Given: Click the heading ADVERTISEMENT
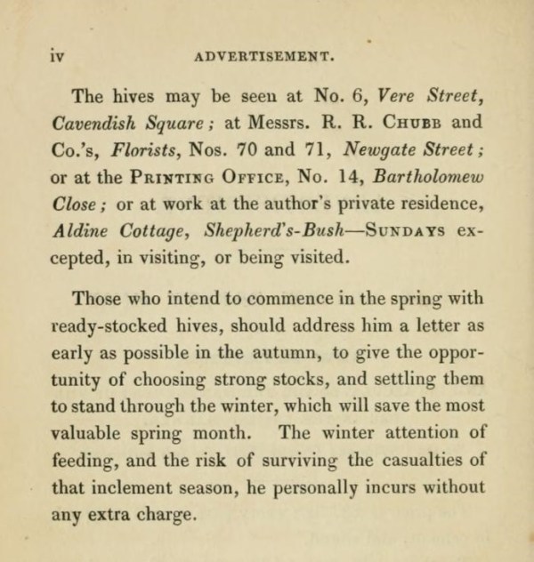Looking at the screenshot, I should (x=264, y=54).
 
